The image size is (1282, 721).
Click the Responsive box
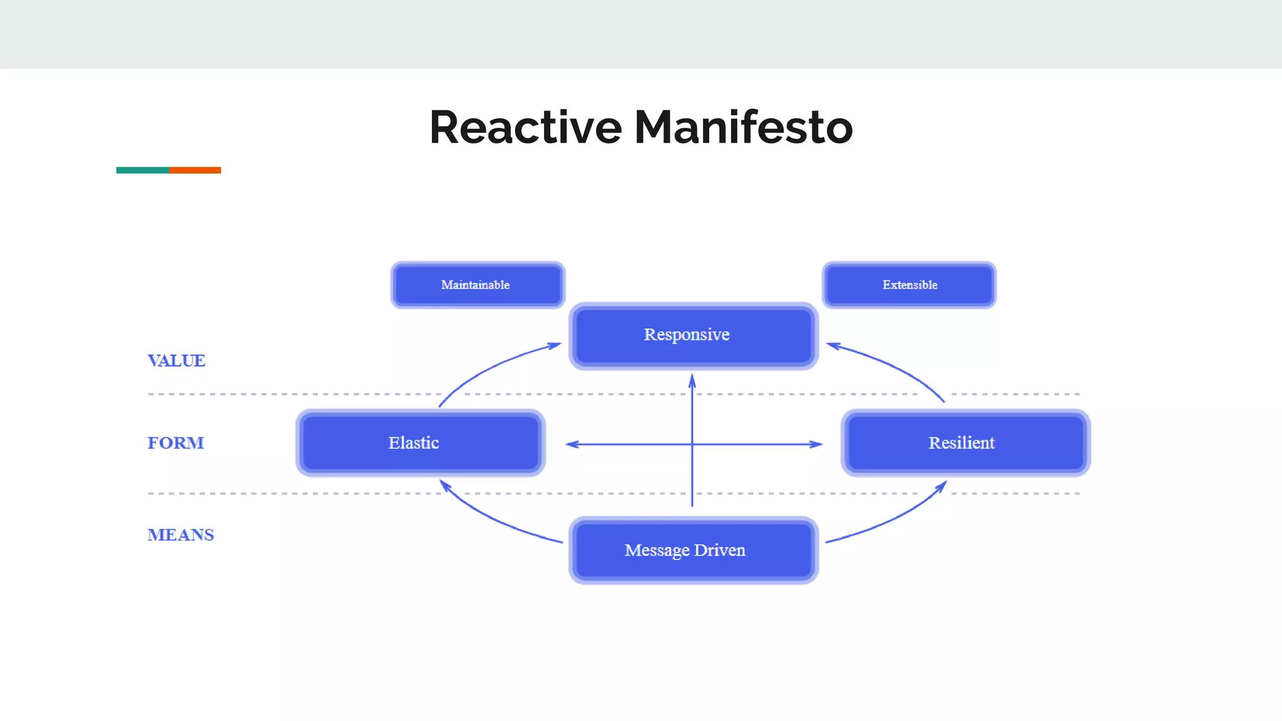click(x=693, y=335)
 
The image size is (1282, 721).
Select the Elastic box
click(x=420, y=442)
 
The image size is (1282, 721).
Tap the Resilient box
click(x=965, y=442)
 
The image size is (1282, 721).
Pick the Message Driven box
click(x=693, y=550)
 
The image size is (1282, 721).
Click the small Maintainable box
click(x=478, y=285)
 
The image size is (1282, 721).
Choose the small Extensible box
click(x=909, y=285)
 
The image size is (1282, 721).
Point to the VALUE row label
click(x=177, y=360)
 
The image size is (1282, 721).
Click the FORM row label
click(x=176, y=442)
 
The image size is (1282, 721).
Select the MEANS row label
click(x=181, y=534)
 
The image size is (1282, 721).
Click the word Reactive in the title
click(x=525, y=127)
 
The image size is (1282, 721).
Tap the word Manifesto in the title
click(x=744, y=127)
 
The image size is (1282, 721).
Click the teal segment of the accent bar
click(x=143, y=170)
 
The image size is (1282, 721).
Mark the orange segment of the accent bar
click(x=195, y=170)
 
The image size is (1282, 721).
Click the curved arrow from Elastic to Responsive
click(x=488, y=366)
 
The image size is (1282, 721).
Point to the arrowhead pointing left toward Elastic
click(x=571, y=444)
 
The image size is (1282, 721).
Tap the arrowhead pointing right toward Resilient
click(x=817, y=444)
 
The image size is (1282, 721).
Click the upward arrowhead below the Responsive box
click(x=692, y=380)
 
